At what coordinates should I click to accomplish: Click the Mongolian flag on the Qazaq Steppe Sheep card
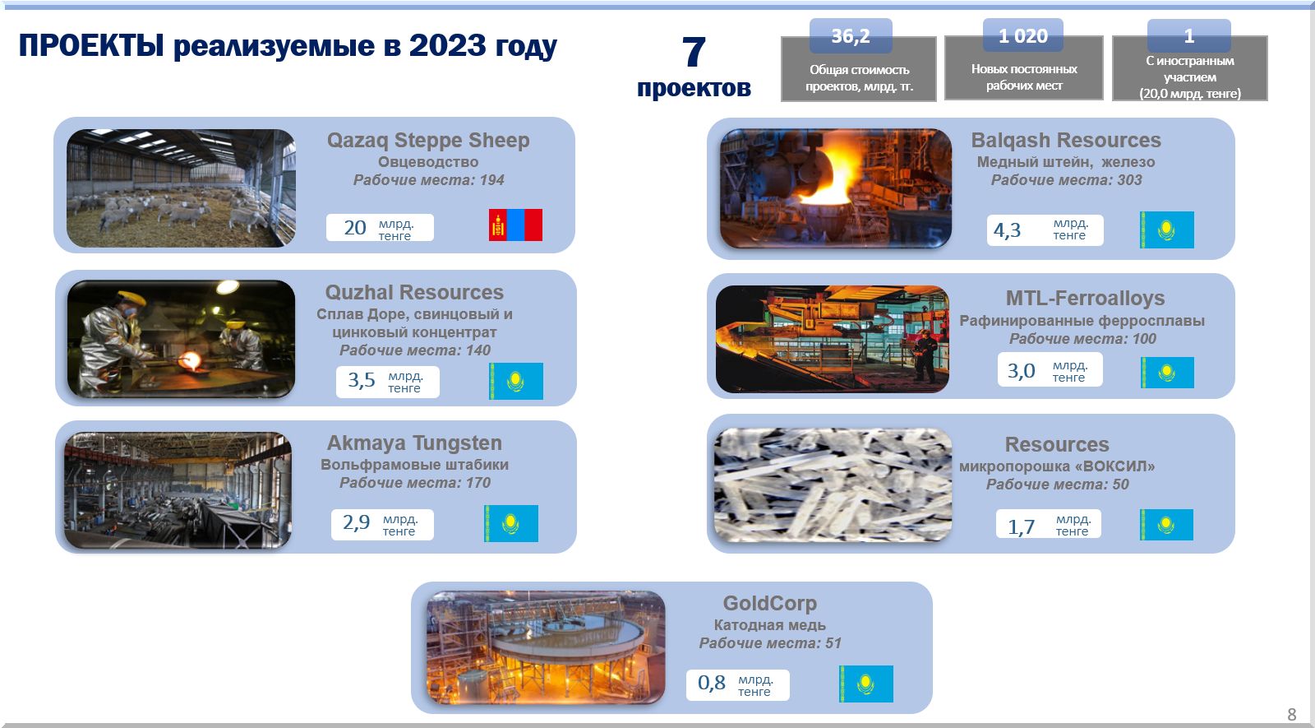pyautogui.click(x=515, y=225)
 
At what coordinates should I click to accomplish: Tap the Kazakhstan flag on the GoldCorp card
pyautogui.click(x=866, y=684)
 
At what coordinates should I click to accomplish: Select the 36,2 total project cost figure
pyautogui.click(x=851, y=36)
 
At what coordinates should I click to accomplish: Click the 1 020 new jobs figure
pyautogui.click(x=1022, y=36)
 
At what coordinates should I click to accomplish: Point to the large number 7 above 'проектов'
pyautogui.click(x=694, y=52)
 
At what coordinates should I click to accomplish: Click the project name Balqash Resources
pyautogui.click(x=1066, y=141)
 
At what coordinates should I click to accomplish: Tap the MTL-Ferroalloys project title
pyautogui.click(x=1085, y=298)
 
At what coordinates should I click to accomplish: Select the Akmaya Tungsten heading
pyautogui.click(x=414, y=443)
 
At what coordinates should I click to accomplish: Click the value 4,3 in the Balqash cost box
pyautogui.click(x=1007, y=230)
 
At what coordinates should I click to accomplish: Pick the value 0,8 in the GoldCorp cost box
pyautogui.click(x=712, y=683)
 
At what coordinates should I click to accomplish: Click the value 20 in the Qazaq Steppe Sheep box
pyautogui.click(x=354, y=227)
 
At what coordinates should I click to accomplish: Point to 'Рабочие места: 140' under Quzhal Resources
pyautogui.click(x=415, y=350)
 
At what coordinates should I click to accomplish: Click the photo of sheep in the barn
pyautogui.click(x=181, y=188)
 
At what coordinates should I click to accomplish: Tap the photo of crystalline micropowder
pyautogui.click(x=833, y=485)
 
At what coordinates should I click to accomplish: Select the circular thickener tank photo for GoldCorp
pyautogui.click(x=546, y=647)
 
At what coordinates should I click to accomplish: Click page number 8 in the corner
pyautogui.click(x=1291, y=715)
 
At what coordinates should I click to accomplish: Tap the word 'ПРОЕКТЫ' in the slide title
pyautogui.click(x=91, y=45)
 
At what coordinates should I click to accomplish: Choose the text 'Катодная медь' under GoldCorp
pyautogui.click(x=769, y=625)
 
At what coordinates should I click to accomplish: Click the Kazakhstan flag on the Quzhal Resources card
pyautogui.click(x=517, y=382)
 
